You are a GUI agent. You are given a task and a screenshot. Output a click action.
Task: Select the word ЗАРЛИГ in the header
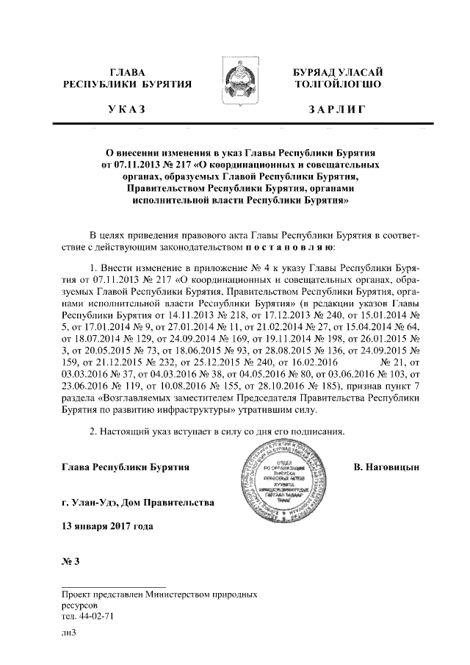tap(336, 109)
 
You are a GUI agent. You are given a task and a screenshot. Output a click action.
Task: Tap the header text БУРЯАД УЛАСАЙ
tap(337, 72)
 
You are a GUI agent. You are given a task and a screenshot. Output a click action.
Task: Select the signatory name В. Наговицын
tap(386, 467)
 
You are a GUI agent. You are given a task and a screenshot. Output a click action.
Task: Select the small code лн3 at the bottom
tap(70, 632)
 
